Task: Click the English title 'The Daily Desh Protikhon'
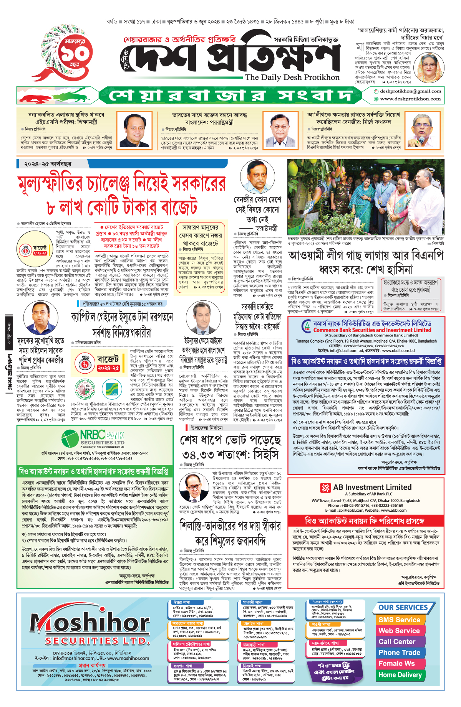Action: click(292, 77)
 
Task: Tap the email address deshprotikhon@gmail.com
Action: click(410, 91)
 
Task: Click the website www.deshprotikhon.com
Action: click(410, 99)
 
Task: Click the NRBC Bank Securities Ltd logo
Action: click(93, 439)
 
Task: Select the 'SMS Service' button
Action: click(399, 620)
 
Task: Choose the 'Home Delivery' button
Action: click(400, 675)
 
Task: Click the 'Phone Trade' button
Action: click(399, 653)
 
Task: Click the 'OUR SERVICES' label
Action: click(403, 608)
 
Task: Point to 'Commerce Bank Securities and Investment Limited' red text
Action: click(372, 330)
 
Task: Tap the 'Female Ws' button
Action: click(396, 664)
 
